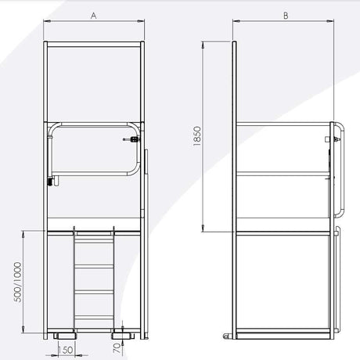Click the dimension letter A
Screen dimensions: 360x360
[94, 16]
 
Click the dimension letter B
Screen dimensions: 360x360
[286, 16]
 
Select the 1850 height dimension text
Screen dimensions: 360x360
[197, 136]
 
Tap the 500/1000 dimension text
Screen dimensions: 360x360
[18, 282]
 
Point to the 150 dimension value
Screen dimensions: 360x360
[66, 350]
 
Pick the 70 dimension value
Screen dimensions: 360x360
[117, 348]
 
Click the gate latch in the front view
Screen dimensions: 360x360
[131, 139]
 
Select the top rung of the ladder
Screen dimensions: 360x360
[94, 233]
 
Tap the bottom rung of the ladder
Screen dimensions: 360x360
[94, 318]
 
